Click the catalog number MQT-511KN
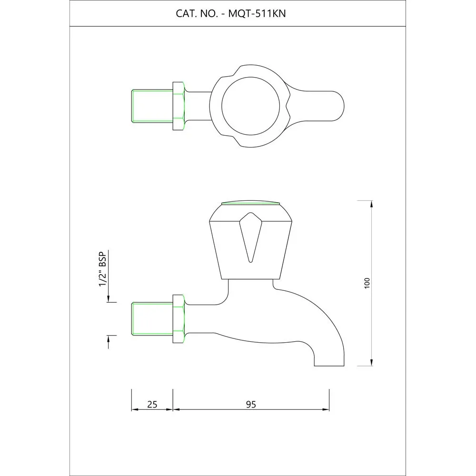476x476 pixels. point(257,14)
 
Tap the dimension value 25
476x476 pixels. point(152,405)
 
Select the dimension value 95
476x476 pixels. point(251,405)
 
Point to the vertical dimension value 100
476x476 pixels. point(367,283)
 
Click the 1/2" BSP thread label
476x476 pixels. point(103,269)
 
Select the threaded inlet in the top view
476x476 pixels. point(152,106)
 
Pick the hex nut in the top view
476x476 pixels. point(179,106)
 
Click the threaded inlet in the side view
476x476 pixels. point(152,319)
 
